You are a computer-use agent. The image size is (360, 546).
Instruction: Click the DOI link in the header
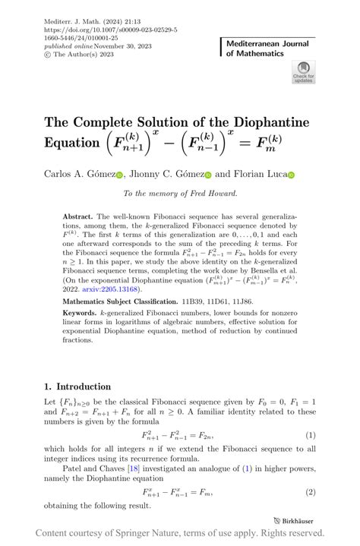111,30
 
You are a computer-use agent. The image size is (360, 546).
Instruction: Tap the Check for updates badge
303,73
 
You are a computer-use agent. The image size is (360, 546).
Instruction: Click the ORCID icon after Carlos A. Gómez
119,175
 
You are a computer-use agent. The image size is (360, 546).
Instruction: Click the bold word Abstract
78,216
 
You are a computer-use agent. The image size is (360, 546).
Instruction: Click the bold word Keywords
80,314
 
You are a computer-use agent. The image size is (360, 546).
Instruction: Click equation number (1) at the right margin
310,435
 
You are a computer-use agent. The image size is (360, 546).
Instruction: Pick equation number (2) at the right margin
310,492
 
